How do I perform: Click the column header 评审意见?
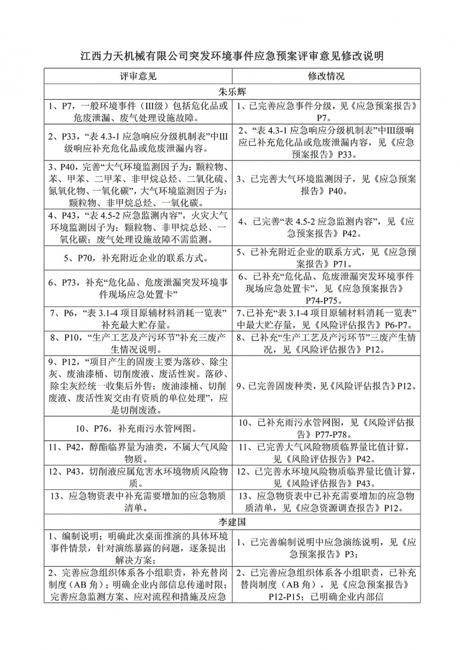point(138,77)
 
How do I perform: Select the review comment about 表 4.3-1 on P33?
point(138,142)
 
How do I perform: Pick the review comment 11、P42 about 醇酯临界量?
point(138,452)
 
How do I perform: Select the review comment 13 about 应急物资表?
point(138,502)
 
